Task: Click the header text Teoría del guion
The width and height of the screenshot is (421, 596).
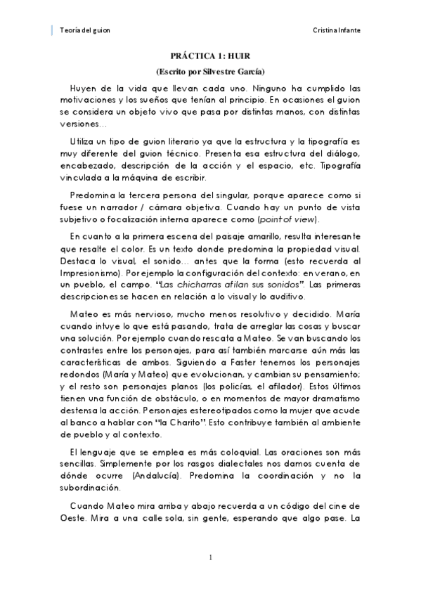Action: point(85,31)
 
